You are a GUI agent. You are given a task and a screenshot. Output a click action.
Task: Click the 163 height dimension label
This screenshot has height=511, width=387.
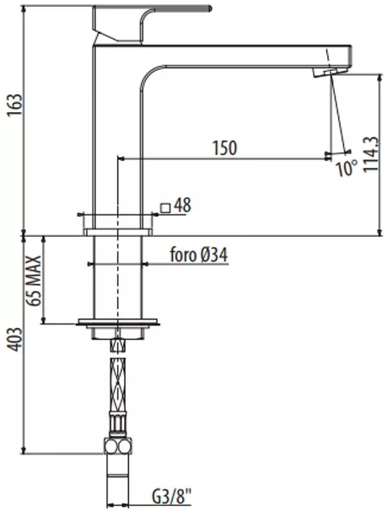pyautogui.click(x=15, y=105)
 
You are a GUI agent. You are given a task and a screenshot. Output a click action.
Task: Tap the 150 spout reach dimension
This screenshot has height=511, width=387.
pyautogui.click(x=225, y=148)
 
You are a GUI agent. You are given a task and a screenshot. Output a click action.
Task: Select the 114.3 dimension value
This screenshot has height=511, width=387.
pyautogui.click(x=371, y=154)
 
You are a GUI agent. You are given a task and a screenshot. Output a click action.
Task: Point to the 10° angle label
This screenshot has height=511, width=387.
pyautogui.click(x=347, y=168)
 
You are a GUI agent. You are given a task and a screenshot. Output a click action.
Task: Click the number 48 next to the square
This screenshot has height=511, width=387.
pyautogui.click(x=182, y=205)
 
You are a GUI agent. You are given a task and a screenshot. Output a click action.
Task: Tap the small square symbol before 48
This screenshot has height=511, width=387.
pyautogui.click(x=165, y=207)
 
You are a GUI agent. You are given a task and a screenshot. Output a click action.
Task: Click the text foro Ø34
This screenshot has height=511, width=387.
pyautogui.click(x=199, y=255)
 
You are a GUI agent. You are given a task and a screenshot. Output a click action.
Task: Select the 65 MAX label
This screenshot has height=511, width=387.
pyautogui.click(x=34, y=281)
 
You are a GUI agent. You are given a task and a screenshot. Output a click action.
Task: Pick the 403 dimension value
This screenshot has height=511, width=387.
pyautogui.click(x=15, y=340)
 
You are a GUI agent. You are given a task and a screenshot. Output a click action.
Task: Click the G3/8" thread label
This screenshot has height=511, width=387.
pyautogui.click(x=171, y=498)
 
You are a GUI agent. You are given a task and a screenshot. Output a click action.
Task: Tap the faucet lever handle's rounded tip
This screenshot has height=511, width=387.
pyautogui.click(x=209, y=8)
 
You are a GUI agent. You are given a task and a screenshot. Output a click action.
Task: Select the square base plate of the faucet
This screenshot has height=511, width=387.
pyautogui.click(x=118, y=232)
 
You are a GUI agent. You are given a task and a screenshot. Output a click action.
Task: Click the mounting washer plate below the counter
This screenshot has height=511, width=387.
pyautogui.click(x=118, y=322)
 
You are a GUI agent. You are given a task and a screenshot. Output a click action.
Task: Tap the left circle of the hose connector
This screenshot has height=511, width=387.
pyautogui.click(x=111, y=447)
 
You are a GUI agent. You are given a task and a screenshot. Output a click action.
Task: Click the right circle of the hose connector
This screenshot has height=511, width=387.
pyautogui.click(x=125, y=447)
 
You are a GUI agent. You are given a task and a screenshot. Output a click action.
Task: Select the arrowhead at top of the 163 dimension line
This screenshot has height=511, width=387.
pyautogui.click(x=24, y=8)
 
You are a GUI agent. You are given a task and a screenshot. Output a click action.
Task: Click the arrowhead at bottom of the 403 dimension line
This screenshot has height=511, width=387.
pyautogui.click(x=24, y=450)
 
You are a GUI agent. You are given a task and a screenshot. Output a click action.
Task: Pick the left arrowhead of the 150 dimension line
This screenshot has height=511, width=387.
pyautogui.click(x=121, y=159)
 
